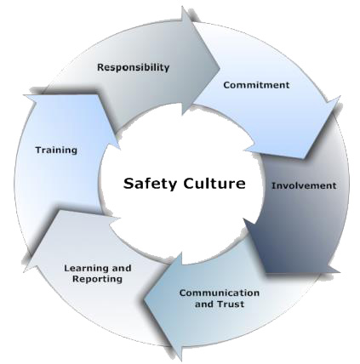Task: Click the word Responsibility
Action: click(133, 68)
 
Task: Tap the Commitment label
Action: click(256, 85)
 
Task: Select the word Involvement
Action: click(304, 186)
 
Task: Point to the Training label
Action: click(56, 151)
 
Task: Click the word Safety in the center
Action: click(150, 184)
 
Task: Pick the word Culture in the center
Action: click(214, 183)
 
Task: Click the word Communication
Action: click(220, 293)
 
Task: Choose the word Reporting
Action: click(97, 279)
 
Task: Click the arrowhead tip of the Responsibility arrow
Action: click(220, 68)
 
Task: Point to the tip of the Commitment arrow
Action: click(304, 158)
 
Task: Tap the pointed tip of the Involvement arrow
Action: click(266, 273)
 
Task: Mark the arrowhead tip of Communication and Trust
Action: click(144, 299)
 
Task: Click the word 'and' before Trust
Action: click(204, 304)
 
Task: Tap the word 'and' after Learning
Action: click(122, 268)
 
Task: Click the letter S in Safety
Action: click(129, 184)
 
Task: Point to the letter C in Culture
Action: click(189, 184)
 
